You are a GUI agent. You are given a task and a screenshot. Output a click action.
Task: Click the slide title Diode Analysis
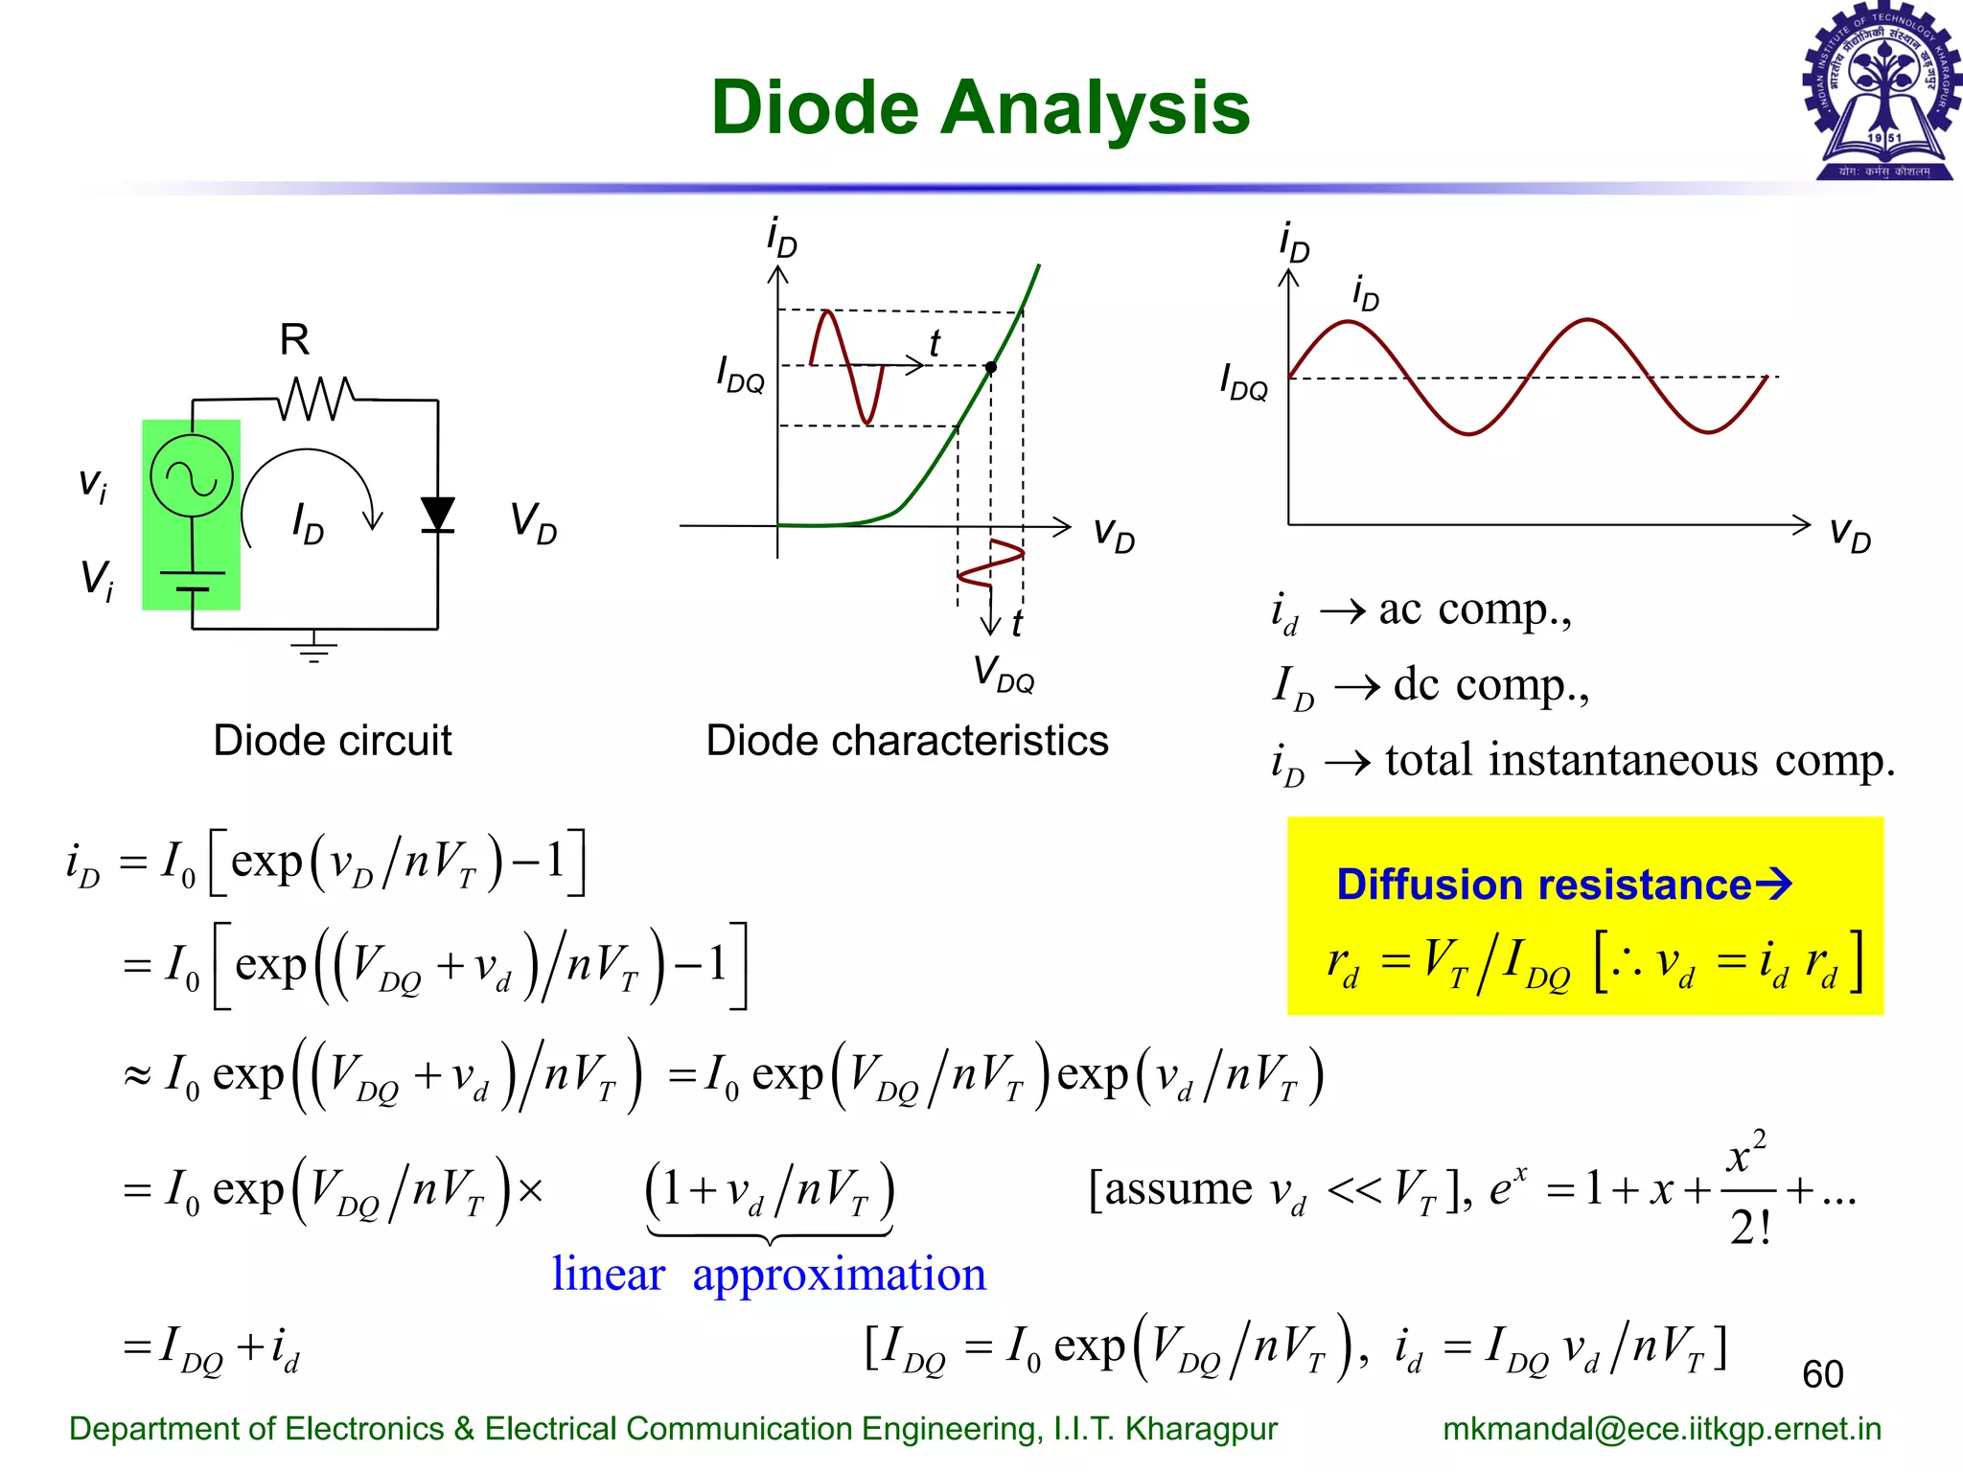click(980, 107)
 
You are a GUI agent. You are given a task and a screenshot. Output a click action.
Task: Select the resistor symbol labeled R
click(315, 398)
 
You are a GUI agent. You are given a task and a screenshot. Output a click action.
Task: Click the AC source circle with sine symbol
click(192, 476)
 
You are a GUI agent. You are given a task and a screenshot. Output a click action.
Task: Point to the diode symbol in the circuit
click(438, 515)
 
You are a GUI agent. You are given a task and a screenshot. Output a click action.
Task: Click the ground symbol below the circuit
click(313, 649)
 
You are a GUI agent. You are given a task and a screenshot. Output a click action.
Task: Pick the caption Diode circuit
click(332, 741)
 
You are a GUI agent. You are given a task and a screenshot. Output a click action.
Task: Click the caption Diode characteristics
click(907, 741)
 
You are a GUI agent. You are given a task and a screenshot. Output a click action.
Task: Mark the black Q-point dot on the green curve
click(990, 367)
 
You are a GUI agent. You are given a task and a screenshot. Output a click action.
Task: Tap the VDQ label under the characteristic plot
click(1003, 673)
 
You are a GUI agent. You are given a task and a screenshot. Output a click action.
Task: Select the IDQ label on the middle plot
click(740, 374)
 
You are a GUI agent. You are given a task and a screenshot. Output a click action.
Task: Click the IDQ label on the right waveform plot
click(1243, 381)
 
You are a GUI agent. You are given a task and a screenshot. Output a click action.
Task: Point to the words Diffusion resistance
click(1543, 885)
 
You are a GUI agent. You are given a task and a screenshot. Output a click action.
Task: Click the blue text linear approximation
click(769, 1275)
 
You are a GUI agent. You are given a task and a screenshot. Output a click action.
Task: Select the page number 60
click(1822, 1374)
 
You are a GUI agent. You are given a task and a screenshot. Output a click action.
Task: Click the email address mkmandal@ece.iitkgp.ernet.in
click(1662, 1429)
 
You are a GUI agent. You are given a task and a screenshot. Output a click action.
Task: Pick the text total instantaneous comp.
click(1639, 761)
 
